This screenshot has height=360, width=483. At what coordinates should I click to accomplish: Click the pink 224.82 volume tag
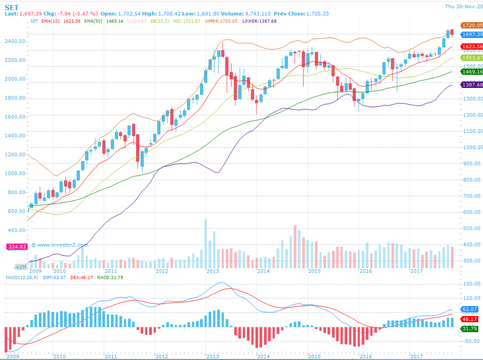point(17,247)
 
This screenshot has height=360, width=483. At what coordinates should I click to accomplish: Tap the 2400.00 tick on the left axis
point(15,41)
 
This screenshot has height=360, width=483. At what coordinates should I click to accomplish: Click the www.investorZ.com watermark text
point(62,245)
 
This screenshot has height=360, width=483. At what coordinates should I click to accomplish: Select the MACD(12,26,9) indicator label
point(22,278)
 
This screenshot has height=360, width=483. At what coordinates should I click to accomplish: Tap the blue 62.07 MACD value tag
point(470,309)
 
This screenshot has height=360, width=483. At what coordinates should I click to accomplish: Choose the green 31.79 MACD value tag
point(470,329)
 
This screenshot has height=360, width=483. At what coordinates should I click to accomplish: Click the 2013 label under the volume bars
point(212,271)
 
